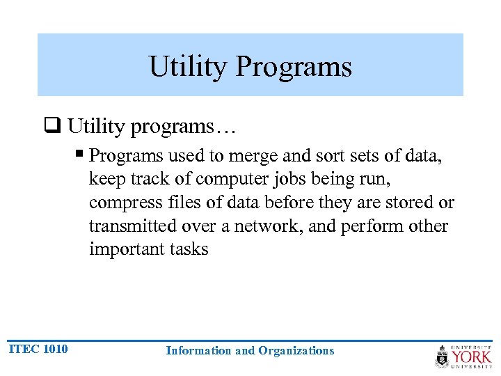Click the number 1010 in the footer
[55, 349]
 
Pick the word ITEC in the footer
[23, 349]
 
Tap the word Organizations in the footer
[296, 351]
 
